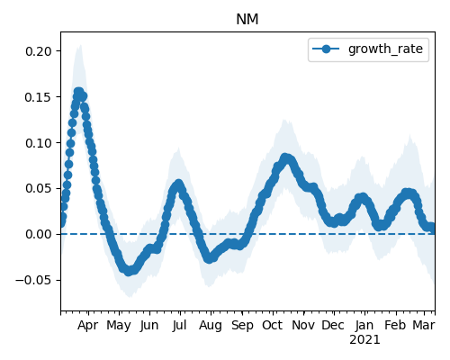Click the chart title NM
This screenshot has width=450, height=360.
click(x=247, y=20)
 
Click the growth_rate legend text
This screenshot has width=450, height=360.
click(x=385, y=49)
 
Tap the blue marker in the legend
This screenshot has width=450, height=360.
click(x=326, y=49)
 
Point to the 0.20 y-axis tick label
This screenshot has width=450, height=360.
click(x=39, y=51)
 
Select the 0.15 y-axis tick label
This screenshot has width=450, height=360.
click(x=39, y=97)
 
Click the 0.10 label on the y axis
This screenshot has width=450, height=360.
click(x=39, y=143)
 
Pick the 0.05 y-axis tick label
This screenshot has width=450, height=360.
click(x=39, y=189)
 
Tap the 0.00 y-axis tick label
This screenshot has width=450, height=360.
click(x=39, y=234)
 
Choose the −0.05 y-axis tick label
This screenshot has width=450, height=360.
click(x=33, y=280)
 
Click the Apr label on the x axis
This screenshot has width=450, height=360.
click(x=88, y=326)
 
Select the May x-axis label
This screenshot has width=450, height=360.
click(x=119, y=326)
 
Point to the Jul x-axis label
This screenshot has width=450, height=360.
click(x=180, y=326)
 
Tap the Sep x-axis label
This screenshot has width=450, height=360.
click(x=242, y=326)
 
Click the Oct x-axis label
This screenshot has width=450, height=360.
click(x=273, y=326)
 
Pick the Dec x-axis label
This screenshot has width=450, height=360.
click(x=333, y=326)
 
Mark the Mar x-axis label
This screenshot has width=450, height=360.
click(x=424, y=326)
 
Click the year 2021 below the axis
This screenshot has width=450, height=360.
click(x=364, y=340)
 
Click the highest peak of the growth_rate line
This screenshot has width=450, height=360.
click(x=78, y=92)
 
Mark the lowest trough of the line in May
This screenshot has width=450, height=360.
click(x=129, y=271)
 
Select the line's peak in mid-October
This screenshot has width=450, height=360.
click(x=285, y=157)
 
